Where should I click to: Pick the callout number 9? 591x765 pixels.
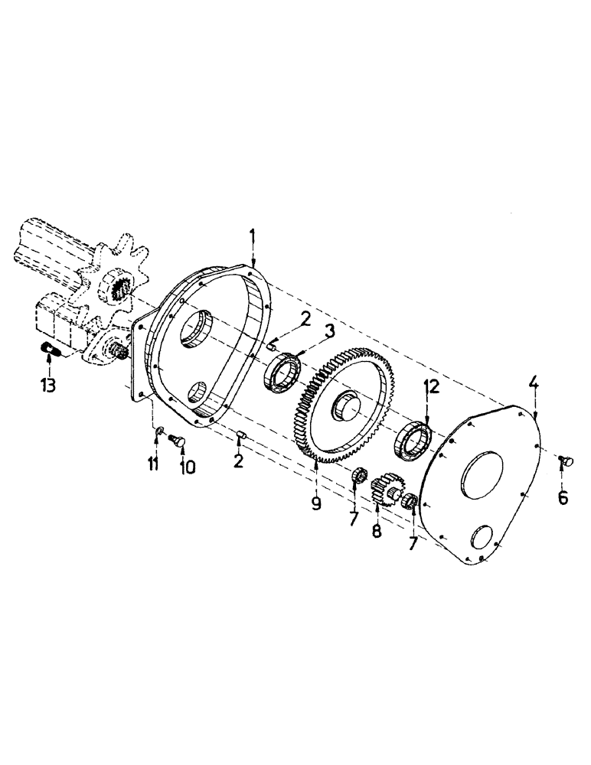(316, 503)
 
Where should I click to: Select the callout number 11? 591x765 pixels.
(153, 464)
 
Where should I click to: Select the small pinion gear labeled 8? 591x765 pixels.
(386, 490)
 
